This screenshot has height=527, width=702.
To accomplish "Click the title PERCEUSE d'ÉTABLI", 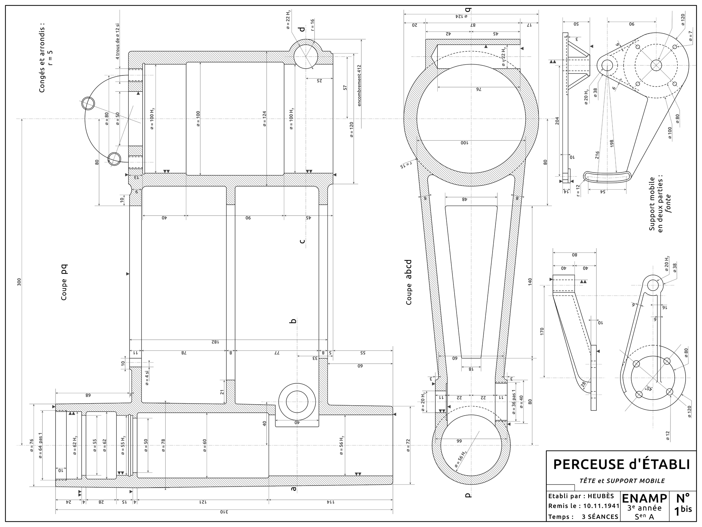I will (621, 464).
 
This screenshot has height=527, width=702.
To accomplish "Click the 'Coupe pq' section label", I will (64, 282).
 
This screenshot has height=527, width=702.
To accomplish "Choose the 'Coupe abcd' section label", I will (409, 282).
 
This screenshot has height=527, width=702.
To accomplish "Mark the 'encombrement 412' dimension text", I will (359, 85).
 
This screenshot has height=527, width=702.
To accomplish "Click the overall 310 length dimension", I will (223, 512).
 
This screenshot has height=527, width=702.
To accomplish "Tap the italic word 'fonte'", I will (668, 204).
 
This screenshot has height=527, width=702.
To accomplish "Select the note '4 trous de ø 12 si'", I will (118, 41).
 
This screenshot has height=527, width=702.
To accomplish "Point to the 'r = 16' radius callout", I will (312, 25).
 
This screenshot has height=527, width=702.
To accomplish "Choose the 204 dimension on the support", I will (557, 121).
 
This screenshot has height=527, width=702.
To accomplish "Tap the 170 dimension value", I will (542, 332).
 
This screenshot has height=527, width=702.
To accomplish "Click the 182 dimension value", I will (214, 342).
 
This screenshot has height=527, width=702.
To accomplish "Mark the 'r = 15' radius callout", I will (405, 165).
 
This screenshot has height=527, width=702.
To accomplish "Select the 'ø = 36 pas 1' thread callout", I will (513, 402).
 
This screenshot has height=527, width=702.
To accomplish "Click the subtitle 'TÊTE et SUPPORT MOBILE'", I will (622, 481).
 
